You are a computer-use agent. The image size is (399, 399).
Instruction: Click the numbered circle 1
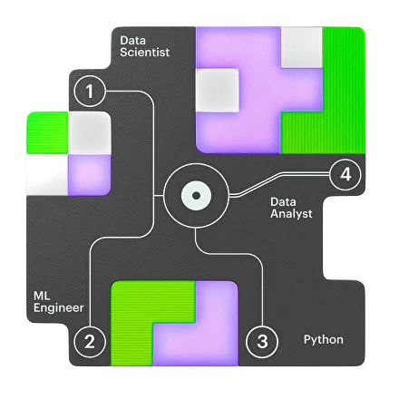[90, 91]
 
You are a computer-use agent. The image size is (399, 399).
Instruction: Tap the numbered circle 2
[90, 342]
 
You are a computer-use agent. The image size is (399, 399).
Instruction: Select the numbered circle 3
[262, 341]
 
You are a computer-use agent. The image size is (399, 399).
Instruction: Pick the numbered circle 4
[345, 175]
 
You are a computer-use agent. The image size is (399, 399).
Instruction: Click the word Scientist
[144, 52]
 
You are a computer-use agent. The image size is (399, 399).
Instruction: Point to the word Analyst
[291, 213]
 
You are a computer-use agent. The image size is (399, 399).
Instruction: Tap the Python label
[324, 340]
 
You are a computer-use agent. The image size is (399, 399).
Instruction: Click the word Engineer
[58, 308]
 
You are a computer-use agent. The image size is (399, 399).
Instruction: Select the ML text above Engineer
[42, 296]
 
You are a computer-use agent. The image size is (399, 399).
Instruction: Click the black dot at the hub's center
[196, 196]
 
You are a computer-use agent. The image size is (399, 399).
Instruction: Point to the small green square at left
[47, 132]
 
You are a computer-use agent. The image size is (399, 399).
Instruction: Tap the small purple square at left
[89, 175]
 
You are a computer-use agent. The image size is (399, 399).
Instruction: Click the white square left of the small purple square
[47, 175]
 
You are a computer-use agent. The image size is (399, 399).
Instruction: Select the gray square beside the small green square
[89, 132]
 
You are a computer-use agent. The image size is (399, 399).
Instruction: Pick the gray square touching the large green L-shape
[302, 47]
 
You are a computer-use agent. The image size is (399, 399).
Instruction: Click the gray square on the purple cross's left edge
[217, 90]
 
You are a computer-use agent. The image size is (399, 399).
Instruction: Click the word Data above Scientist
[132, 41]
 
